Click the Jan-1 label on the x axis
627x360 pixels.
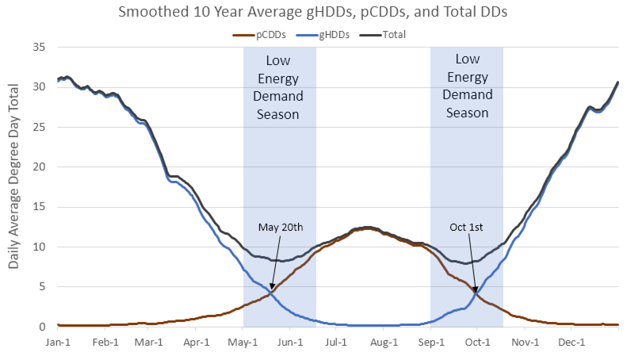(59, 343)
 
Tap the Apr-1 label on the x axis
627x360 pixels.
(197, 343)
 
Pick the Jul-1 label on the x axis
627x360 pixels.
(336, 343)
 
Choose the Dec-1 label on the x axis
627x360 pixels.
(570, 343)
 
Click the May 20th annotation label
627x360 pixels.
(281, 227)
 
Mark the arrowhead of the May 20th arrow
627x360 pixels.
(271, 291)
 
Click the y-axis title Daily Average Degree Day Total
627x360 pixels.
(14, 186)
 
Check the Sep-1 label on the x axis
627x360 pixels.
(430, 343)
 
